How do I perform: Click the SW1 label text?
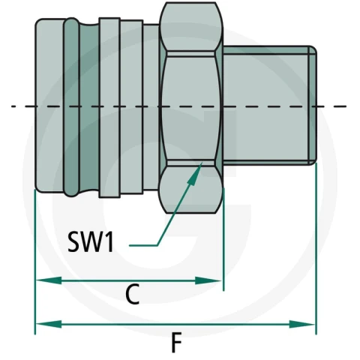click(91, 241)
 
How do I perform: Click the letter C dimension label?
click(132, 294)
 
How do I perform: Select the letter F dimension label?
click(176, 342)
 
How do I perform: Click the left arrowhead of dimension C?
click(49, 280)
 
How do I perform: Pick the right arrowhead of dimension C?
click(208, 280)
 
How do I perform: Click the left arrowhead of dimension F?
click(49, 324)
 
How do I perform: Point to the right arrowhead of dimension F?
click(301, 324)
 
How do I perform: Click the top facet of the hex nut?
click(191, 27)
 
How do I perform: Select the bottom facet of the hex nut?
click(191, 189)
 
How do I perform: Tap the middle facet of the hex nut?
click(191, 108)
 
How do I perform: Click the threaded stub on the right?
click(269, 106)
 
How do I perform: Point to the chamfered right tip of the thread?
click(313, 106)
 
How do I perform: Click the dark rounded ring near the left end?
click(71, 107)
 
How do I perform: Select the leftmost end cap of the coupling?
click(49, 106)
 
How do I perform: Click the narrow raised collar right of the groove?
click(109, 108)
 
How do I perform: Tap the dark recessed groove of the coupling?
click(89, 107)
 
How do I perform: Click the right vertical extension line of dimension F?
click(316, 248)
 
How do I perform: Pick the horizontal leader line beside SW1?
click(143, 246)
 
